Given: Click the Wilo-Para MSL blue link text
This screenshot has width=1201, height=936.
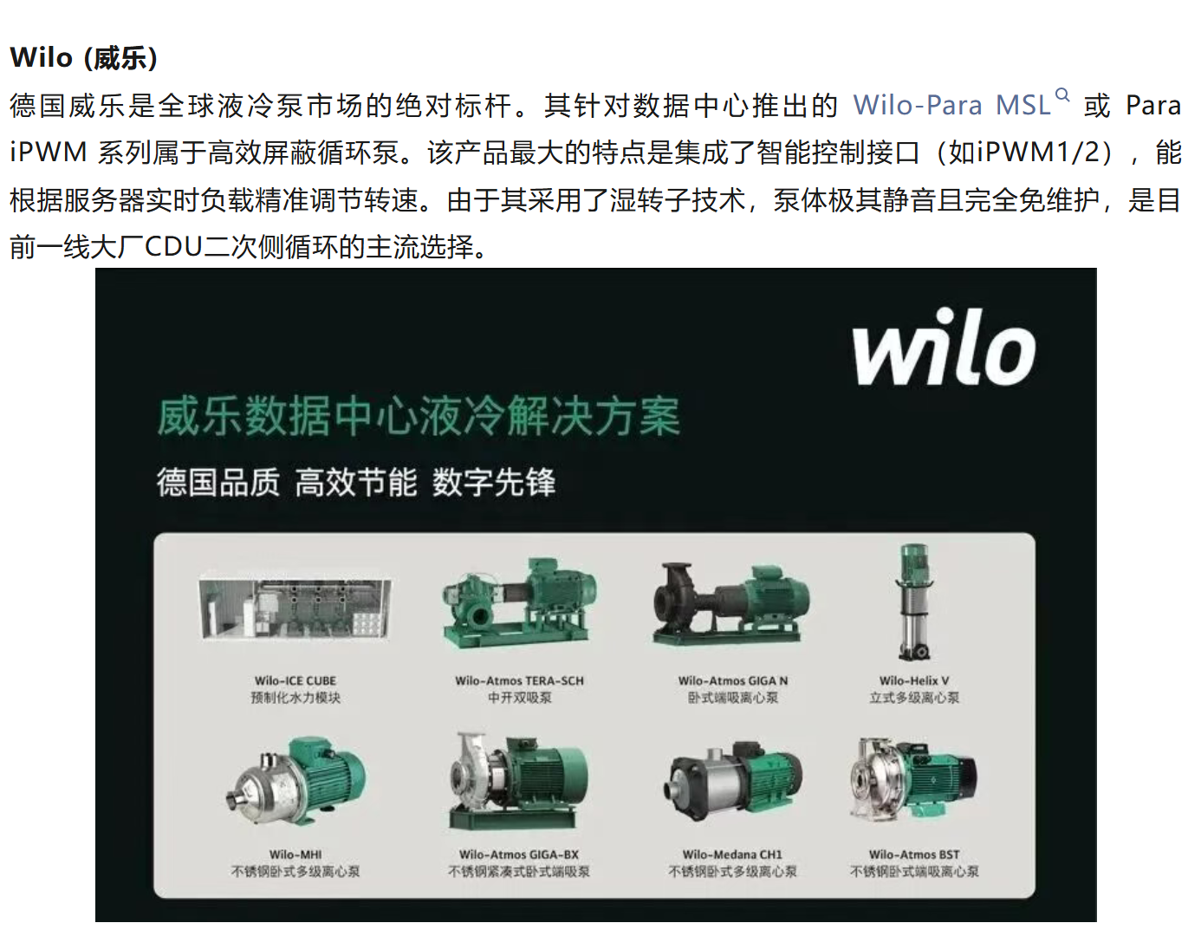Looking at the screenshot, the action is click(x=951, y=105).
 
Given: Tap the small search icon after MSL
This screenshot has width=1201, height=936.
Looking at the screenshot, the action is click(x=1062, y=95).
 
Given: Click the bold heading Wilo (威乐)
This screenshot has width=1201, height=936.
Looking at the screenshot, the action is click(x=84, y=57).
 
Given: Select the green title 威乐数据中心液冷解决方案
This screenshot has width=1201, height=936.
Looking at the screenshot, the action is click(x=419, y=416).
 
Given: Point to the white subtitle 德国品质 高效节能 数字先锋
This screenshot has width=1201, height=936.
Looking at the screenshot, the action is click(x=356, y=483).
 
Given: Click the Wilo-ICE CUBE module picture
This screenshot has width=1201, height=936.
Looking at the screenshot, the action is click(x=295, y=608).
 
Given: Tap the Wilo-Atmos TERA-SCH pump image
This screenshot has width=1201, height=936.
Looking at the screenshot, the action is click(x=520, y=603).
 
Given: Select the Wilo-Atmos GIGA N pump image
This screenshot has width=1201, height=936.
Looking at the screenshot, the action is click(x=731, y=603).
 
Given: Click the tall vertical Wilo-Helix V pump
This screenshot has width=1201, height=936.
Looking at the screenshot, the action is click(x=914, y=601).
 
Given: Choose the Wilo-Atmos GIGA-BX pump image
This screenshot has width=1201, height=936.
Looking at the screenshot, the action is click(x=518, y=780).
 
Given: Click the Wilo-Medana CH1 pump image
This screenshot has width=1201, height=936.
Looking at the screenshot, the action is click(x=733, y=780).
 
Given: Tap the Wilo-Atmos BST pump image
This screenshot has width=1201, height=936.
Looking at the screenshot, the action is click(x=914, y=778).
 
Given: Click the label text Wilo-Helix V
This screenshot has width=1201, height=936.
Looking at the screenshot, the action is click(x=914, y=680).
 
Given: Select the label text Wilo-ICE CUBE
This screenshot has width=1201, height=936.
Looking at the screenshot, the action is click(x=295, y=680).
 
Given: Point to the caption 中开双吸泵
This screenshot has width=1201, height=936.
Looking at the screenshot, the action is click(x=520, y=698).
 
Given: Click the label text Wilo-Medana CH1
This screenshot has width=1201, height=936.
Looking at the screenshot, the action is click(x=732, y=855).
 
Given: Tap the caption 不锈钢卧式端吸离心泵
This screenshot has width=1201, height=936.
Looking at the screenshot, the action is click(x=914, y=871).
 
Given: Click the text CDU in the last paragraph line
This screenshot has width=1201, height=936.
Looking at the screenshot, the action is click(x=173, y=246).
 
